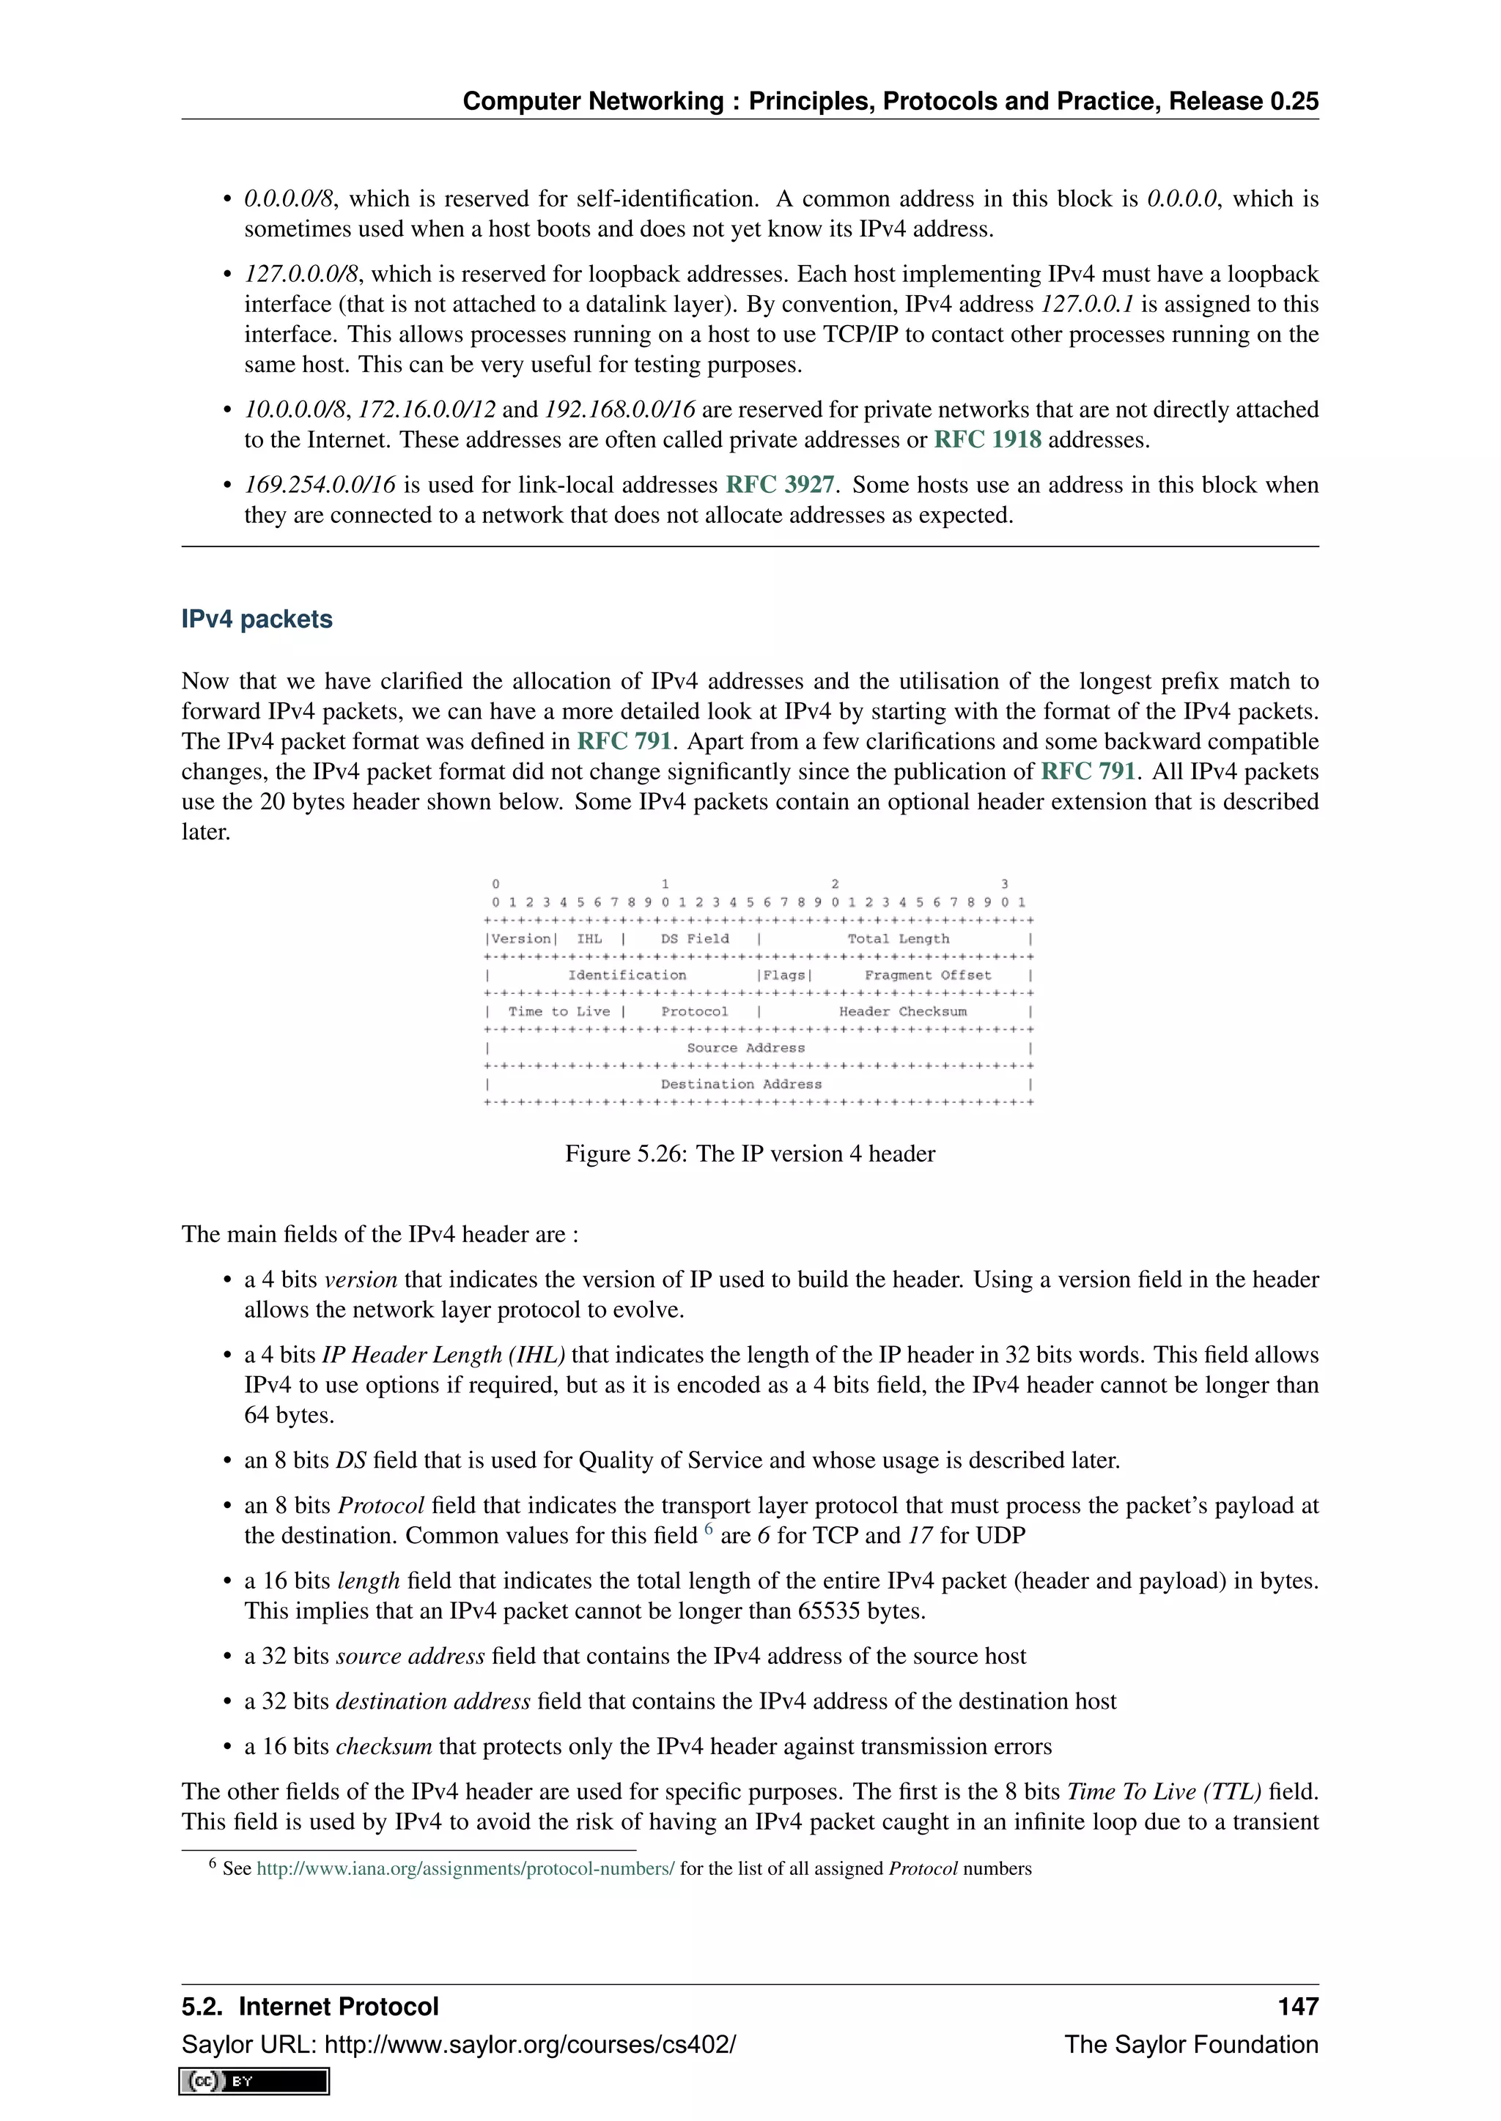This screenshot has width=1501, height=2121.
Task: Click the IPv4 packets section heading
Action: coord(257,619)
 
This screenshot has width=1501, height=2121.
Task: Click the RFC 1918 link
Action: coord(987,439)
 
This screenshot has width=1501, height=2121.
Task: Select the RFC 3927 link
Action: coord(779,485)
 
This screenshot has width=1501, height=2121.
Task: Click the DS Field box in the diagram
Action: coord(694,939)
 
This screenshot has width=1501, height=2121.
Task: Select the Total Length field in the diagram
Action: coord(898,939)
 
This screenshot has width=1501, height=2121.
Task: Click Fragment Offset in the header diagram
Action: coord(927,976)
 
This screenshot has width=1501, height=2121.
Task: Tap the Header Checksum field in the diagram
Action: coord(902,1011)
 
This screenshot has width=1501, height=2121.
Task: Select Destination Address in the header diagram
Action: coord(740,1085)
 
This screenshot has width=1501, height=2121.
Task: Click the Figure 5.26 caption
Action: coord(750,1154)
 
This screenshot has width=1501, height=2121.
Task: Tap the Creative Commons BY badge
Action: coord(254,2081)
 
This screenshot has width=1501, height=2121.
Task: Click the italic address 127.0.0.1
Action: coord(1086,305)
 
